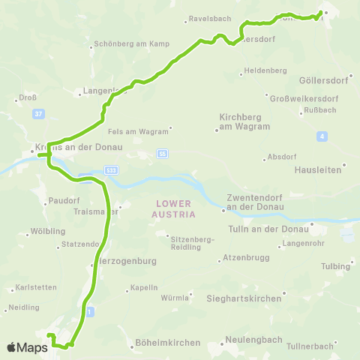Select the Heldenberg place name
click(265, 70)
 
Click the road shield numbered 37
click(38, 114)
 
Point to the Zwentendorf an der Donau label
click(252, 202)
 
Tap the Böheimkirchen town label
click(168, 343)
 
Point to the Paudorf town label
click(62, 200)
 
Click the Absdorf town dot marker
click(265, 158)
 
